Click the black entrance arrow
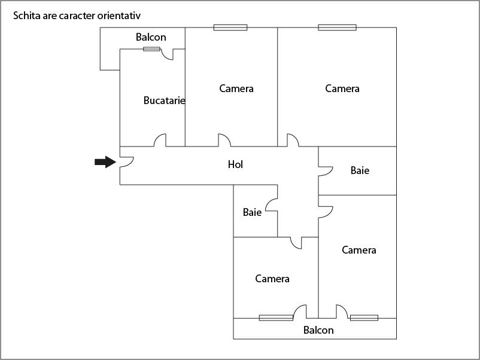(x=105, y=162)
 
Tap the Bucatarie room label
(x=164, y=100)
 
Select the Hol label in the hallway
(x=235, y=164)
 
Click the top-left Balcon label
(x=151, y=38)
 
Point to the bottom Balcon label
(x=318, y=330)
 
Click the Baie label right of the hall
(x=360, y=171)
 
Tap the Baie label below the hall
(x=252, y=212)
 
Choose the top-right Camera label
(x=342, y=89)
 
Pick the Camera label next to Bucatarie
(x=236, y=89)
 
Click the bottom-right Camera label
(x=359, y=250)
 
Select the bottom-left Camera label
(x=272, y=279)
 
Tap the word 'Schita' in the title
(x=26, y=15)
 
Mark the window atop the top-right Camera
(x=337, y=27)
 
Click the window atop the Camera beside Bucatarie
(x=230, y=27)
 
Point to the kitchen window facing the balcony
(x=151, y=48)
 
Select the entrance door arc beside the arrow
(x=126, y=161)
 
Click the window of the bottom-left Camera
(x=276, y=318)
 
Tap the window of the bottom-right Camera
(x=364, y=318)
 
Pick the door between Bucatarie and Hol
(x=160, y=141)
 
